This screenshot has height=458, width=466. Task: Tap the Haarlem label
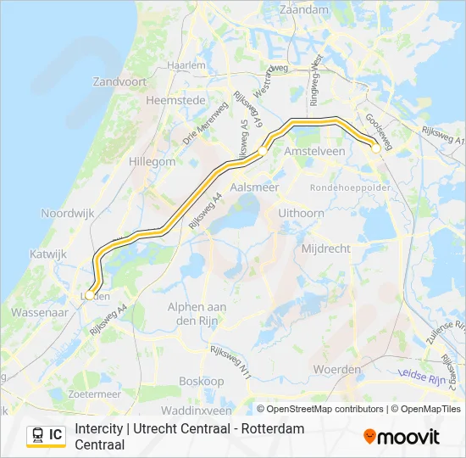coord(187,64)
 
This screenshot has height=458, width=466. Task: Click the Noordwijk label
coord(68,214)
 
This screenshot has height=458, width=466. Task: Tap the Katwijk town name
coord(47,254)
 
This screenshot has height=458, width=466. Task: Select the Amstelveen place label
coord(315,150)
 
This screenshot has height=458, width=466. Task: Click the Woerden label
coord(337,370)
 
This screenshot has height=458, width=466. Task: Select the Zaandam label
coord(304,9)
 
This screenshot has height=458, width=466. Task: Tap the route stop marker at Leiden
coord(90,296)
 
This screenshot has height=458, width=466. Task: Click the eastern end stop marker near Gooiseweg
coord(375,148)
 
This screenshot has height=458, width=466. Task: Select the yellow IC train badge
coord(46,435)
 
